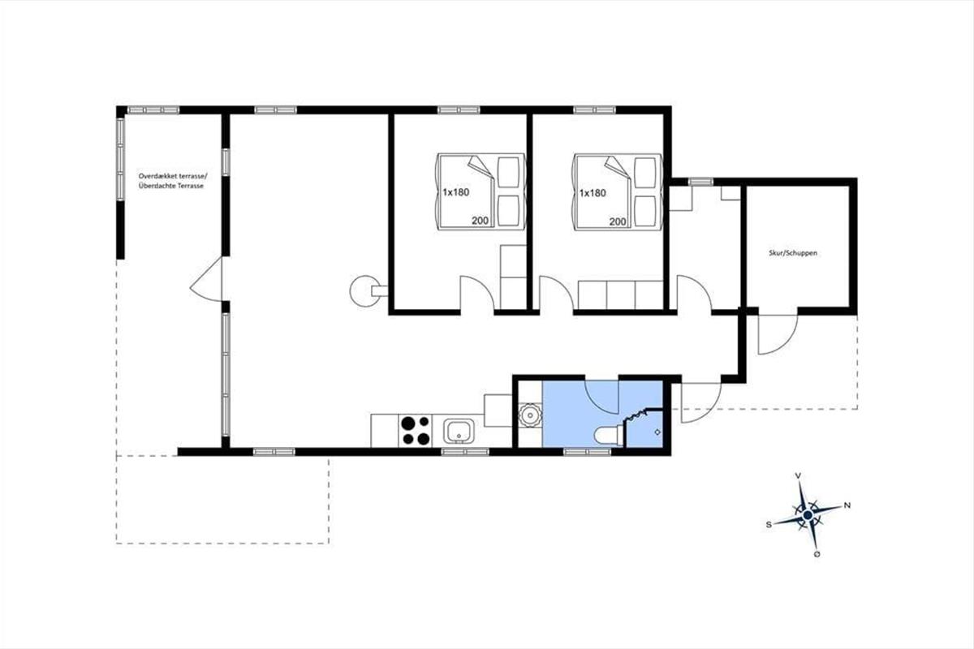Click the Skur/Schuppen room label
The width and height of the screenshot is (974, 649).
[793, 253]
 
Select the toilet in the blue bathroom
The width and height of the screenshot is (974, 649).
[609, 436]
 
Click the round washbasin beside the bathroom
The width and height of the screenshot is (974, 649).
[529, 415]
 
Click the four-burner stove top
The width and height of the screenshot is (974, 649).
[416, 431]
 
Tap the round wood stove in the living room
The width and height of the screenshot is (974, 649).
[365, 291]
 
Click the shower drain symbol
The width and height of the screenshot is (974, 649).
[657, 432]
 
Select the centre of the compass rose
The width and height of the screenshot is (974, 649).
[808, 515]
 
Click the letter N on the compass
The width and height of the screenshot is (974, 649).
[847, 505]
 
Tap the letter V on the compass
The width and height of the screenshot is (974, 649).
[798, 476]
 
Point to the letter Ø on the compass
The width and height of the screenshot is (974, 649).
[817, 554]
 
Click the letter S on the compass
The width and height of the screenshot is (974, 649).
[769, 525]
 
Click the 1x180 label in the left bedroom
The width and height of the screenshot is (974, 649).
[456, 192]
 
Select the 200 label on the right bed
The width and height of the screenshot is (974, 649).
[618, 221]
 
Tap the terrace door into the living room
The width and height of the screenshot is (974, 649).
[205, 278]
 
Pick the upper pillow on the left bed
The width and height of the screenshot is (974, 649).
[508, 173]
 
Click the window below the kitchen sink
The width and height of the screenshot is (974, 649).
[465, 452]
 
